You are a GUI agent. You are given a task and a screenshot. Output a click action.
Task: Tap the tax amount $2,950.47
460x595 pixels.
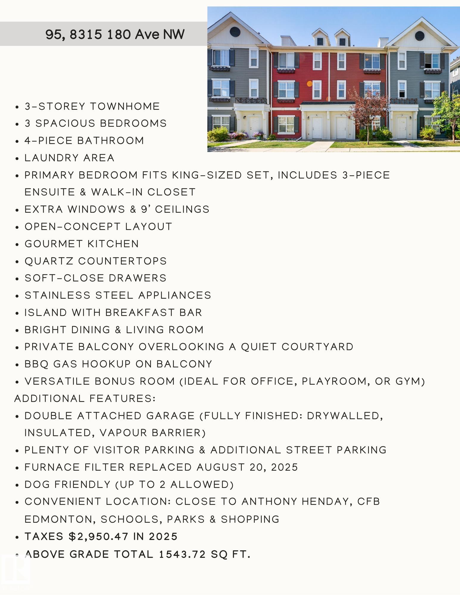click(x=99, y=536)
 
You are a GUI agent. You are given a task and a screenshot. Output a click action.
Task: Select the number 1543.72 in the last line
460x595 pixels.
click(x=182, y=554)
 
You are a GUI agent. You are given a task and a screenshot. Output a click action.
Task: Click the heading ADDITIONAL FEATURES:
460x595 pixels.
click(x=85, y=398)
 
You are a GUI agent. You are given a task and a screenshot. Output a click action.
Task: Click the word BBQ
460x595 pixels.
click(x=36, y=364)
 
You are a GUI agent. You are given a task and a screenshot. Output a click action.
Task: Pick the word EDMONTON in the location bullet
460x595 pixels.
click(x=60, y=519)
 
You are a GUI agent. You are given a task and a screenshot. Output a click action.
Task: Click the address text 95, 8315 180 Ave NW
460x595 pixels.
click(x=115, y=34)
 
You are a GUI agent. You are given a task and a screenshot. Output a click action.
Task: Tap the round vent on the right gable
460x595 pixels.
click(x=420, y=35)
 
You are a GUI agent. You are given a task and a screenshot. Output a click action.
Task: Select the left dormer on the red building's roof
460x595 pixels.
click(x=320, y=39)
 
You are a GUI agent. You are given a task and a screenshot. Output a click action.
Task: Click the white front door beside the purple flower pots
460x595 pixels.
click(x=255, y=127)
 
